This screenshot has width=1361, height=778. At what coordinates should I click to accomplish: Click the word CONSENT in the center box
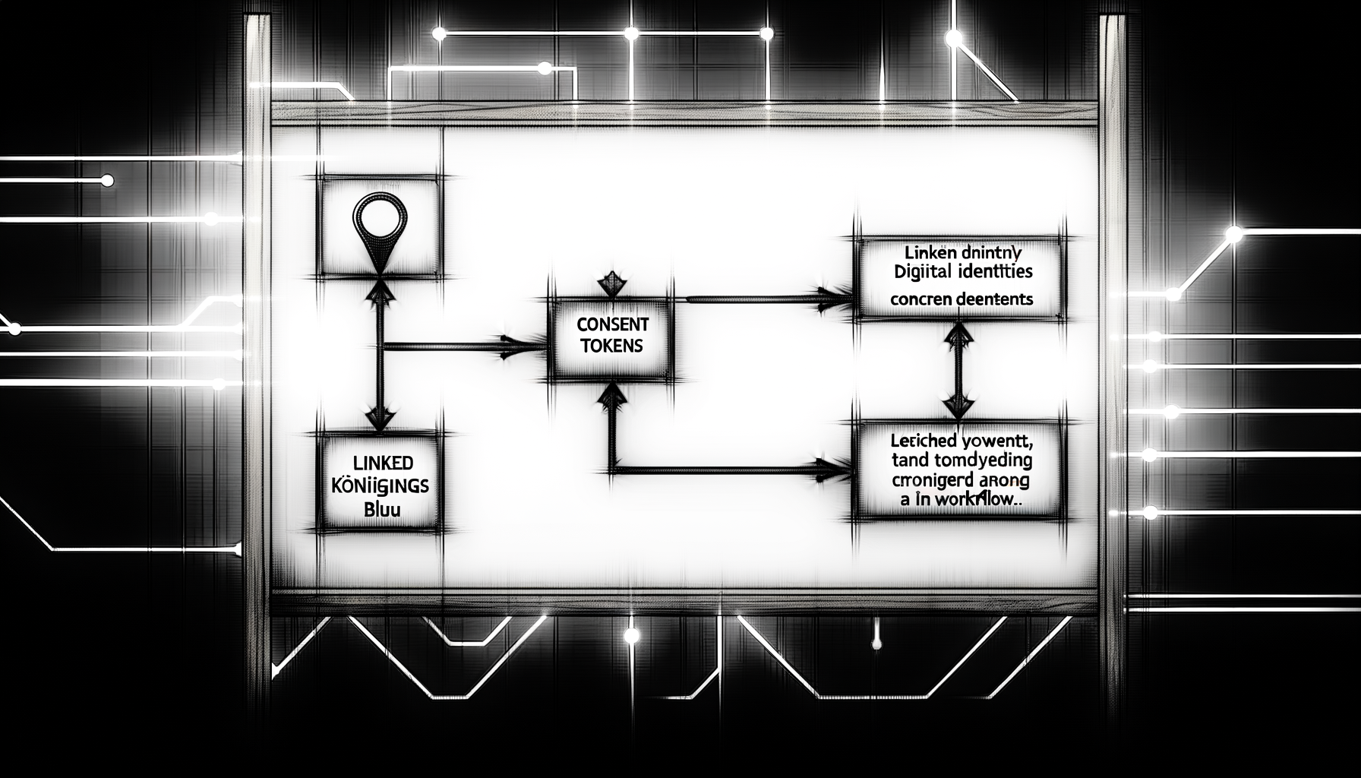613,324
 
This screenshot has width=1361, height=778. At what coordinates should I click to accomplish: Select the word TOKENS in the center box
611,346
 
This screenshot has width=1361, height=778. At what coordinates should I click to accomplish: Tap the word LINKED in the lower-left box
382,462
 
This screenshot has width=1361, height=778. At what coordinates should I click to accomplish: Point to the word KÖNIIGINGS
380,485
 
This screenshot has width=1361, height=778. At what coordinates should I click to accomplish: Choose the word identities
994,270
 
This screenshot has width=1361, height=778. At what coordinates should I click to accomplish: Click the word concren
920,299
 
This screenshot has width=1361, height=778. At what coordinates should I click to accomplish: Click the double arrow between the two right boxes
958,370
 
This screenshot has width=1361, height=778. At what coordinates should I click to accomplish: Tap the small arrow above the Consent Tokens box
612,284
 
